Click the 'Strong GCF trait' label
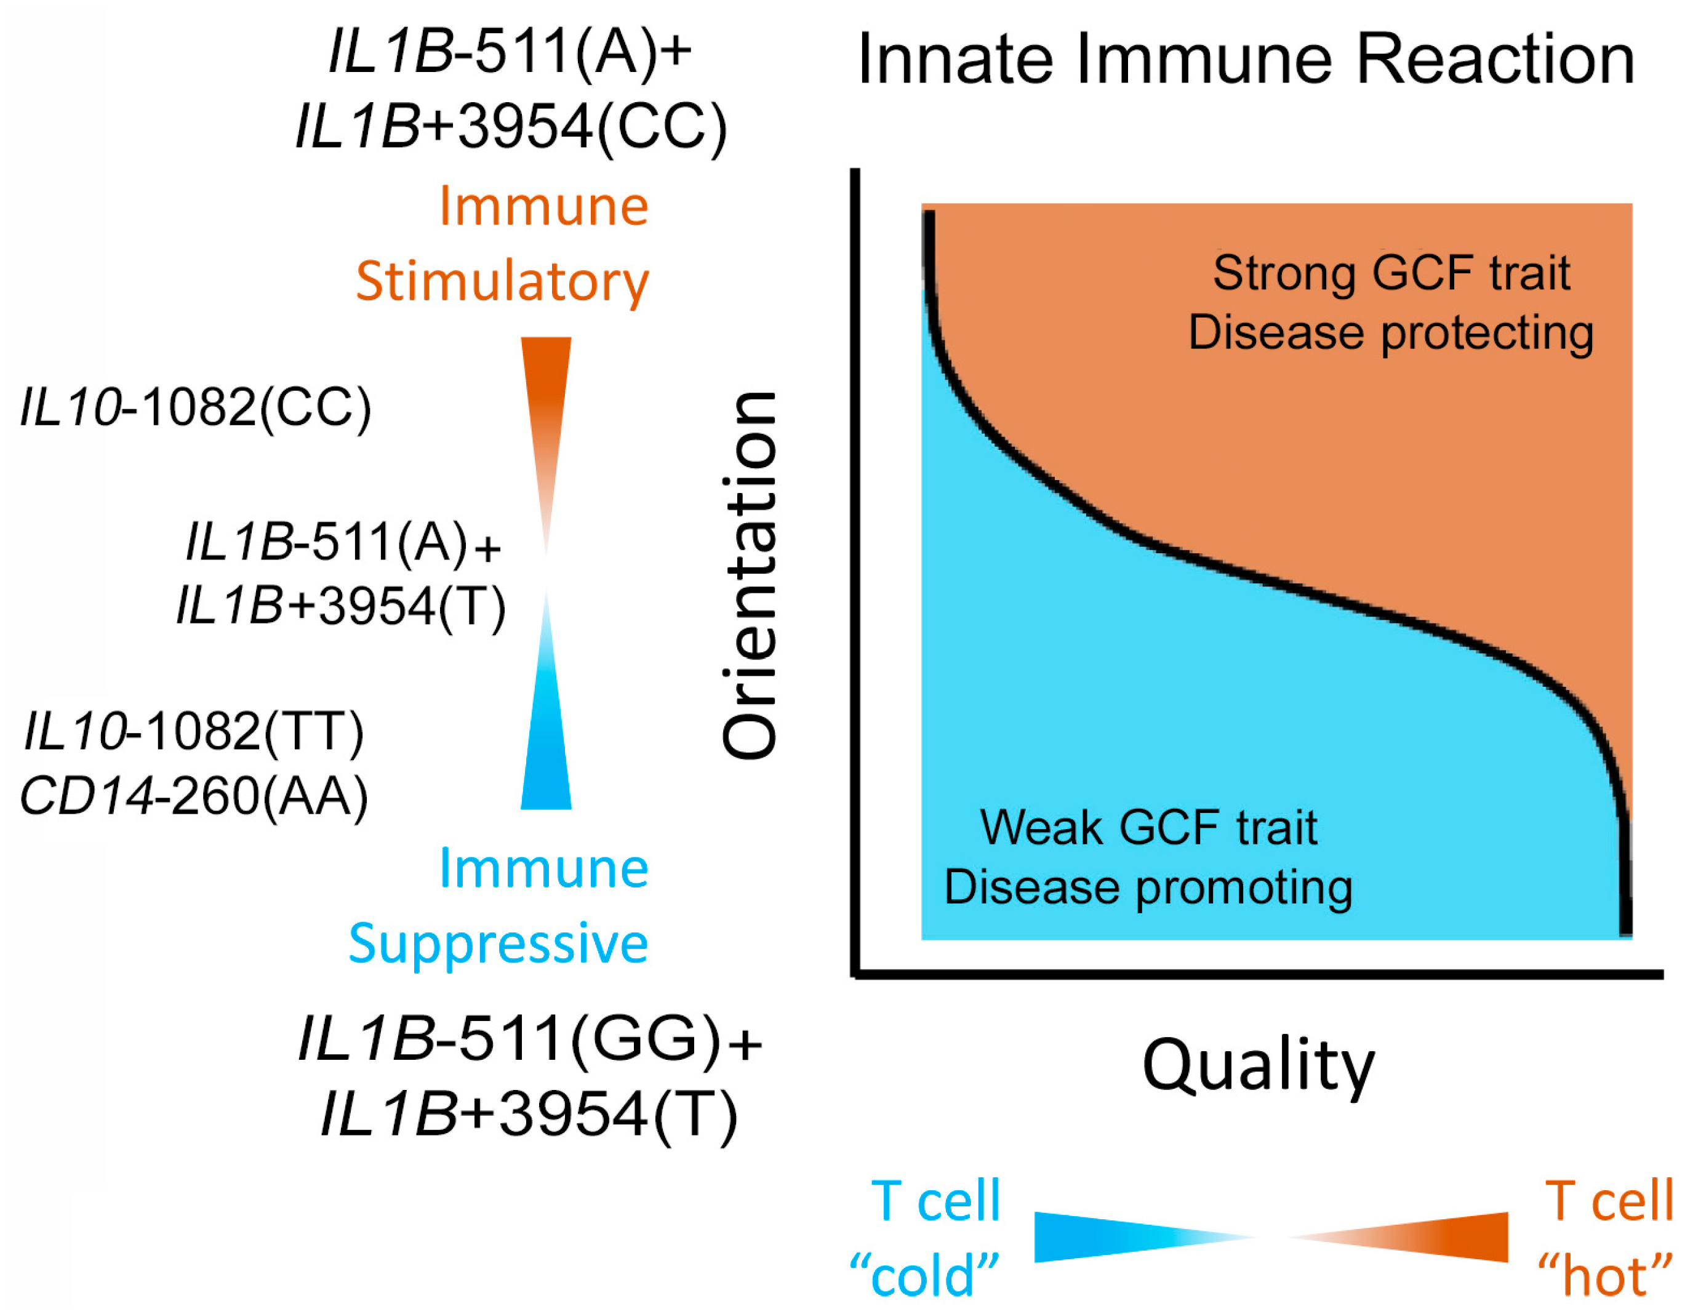point(1391,273)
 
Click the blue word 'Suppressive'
point(498,943)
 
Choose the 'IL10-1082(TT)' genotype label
point(194,731)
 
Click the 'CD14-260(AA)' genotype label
point(194,796)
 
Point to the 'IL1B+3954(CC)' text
point(511,127)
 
